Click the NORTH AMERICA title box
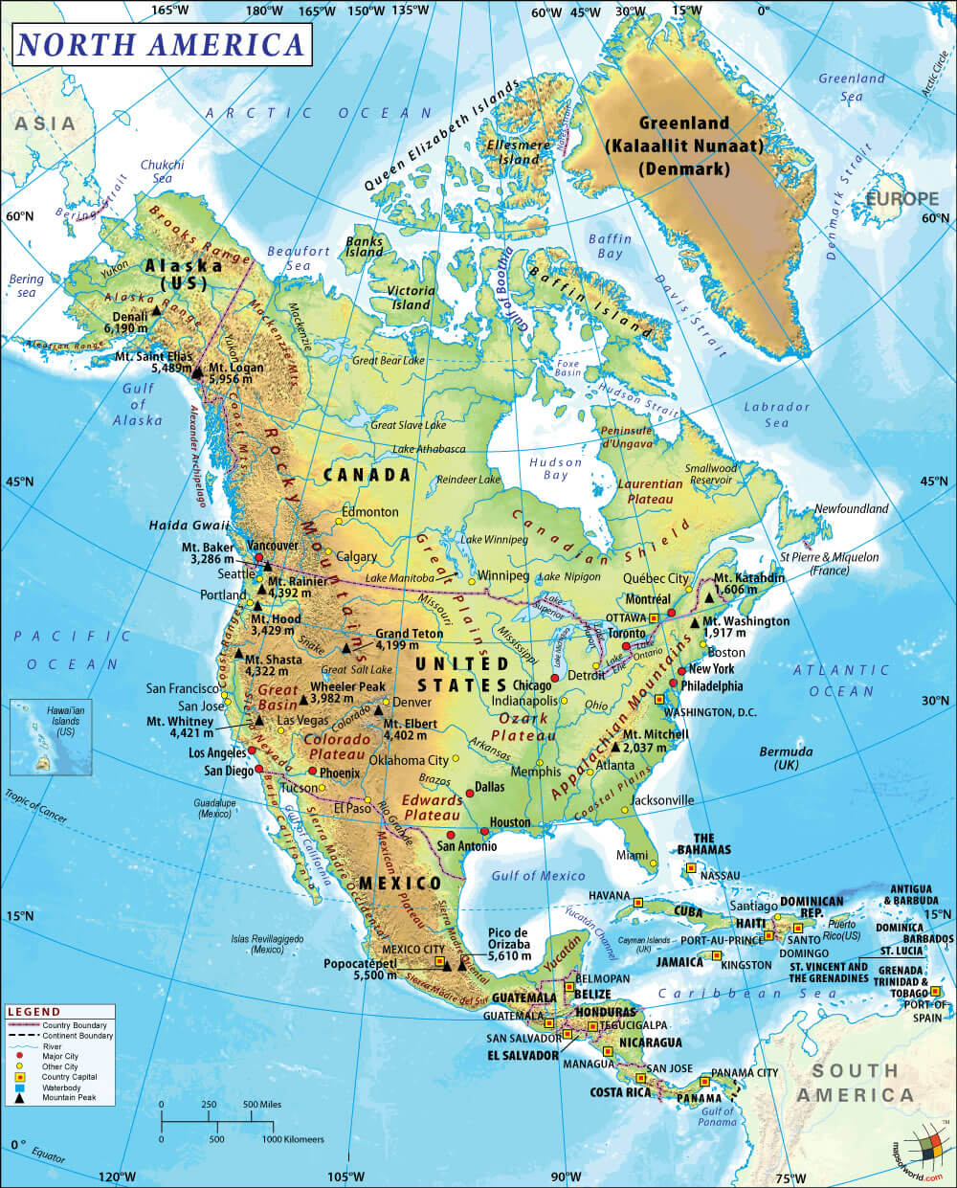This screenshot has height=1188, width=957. [161, 44]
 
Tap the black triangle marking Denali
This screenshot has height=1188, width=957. [156, 312]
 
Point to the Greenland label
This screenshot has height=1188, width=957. [683, 123]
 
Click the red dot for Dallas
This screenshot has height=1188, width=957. [470, 792]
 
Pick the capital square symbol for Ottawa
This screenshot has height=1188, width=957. [655, 618]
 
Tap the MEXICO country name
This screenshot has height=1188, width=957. [399, 883]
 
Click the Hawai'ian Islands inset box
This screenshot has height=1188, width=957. [44, 736]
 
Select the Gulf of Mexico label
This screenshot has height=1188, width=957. [538, 875]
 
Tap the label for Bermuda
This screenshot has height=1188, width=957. [786, 751]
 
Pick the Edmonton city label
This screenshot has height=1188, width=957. [369, 512]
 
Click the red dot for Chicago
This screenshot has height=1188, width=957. [554, 678]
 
